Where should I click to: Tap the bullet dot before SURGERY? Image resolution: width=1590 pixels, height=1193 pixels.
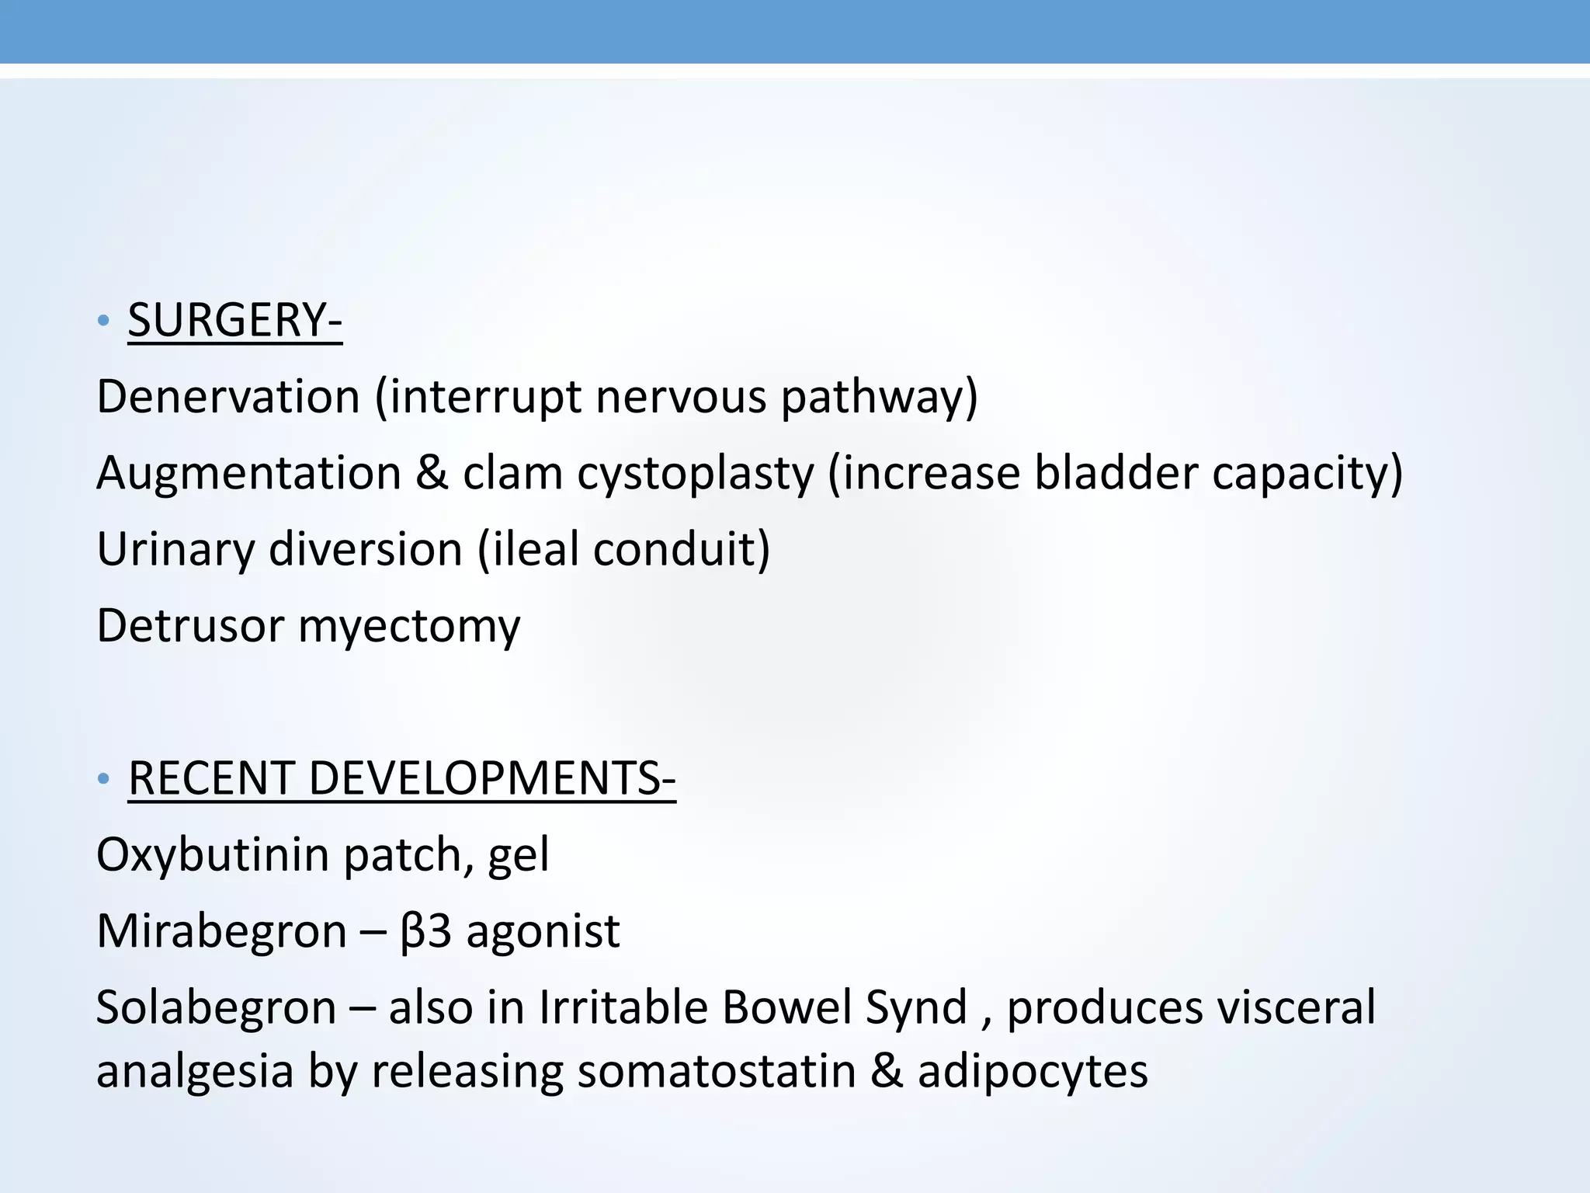point(104,321)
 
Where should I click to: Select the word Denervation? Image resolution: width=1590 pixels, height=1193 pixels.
point(228,396)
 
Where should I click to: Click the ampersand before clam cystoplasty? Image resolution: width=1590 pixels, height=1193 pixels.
point(432,473)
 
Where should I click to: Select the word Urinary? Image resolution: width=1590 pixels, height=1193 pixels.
point(175,550)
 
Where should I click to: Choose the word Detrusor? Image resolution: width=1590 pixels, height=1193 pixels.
point(190,625)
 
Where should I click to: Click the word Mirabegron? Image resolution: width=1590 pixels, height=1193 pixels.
point(221,931)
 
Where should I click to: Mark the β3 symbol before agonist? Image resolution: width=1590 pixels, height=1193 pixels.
point(425,931)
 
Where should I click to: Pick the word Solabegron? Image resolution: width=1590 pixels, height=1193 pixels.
point(217,1007)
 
